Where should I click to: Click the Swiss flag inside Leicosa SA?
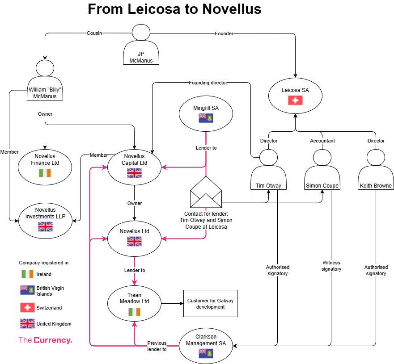[295, 100]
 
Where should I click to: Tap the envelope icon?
[206, 192]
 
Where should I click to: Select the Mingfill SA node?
[206, 113]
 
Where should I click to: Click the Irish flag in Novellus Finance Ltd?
[45, 173]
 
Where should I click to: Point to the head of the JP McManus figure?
[141, 32]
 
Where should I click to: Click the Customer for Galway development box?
[210, 304]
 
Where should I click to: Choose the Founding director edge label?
[208, 83]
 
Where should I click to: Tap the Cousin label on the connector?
[94, 33]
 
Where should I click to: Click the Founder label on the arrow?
[224, 33]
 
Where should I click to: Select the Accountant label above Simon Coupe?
[322, 141]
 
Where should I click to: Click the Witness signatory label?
[331, 266]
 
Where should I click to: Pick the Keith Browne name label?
[376, 186]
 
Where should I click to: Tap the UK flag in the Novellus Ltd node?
[135, 242]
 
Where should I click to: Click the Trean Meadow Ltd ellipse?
[134, 304]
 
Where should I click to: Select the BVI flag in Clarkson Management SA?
[206, 353]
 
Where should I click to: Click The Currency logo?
[45, 340]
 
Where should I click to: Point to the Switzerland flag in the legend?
[27, 308]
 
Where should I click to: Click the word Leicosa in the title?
[154, 9]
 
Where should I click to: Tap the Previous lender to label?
[157, 346]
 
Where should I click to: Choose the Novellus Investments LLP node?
[45, 221]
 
